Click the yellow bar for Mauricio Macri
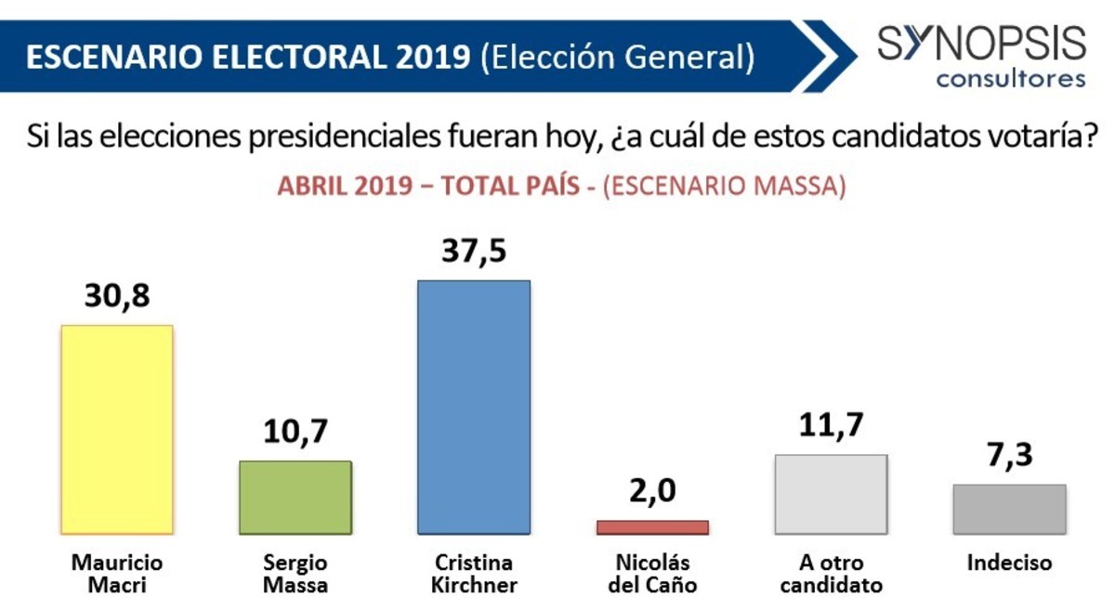click(116, 429)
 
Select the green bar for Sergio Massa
click(295, 497)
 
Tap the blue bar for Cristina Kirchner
click(474, 407)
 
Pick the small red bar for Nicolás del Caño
click(652, 526)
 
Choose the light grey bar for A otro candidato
click(831, 494)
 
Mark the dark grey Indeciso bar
click(1009, 509)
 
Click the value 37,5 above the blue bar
click(474, 252)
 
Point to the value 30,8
click(116, 297)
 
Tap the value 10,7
click(295, 433)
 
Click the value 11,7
click(831, 426)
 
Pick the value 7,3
click(1009, 457)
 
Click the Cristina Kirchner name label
click(474, 574)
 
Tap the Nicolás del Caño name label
click(652, 574)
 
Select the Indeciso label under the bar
click(1009, 563)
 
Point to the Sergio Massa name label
click(295, 574)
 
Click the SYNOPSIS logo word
click(981, 44)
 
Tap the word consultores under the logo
click(1010, 78)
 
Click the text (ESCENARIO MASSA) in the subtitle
click(724, 185)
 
